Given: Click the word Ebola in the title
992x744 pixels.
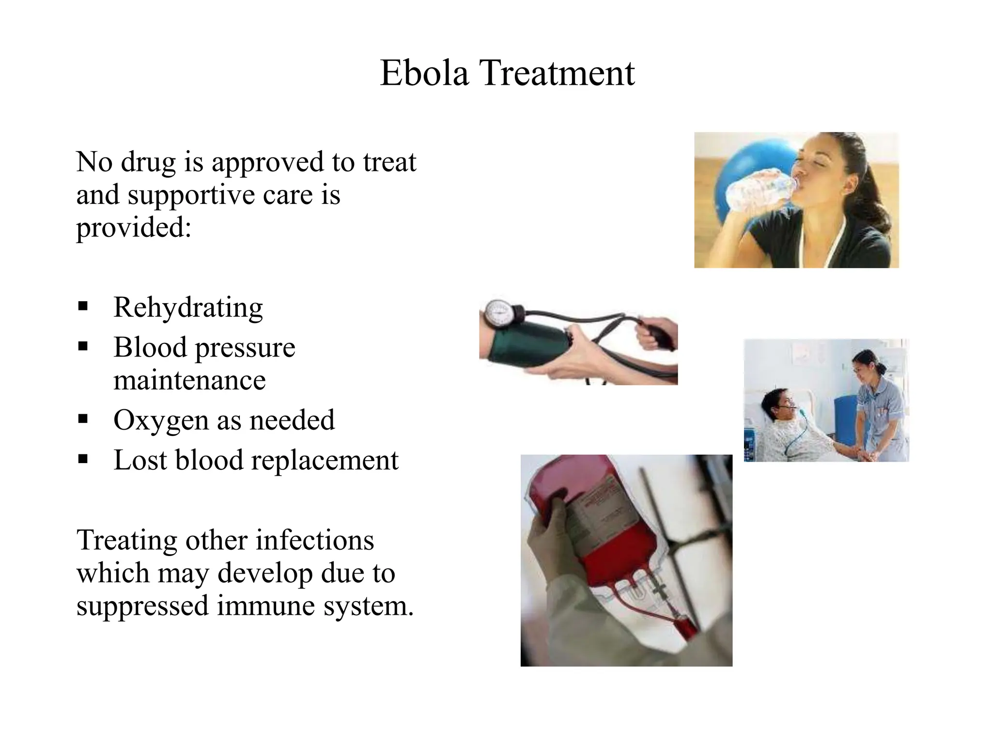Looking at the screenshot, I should click(x=424, y=73).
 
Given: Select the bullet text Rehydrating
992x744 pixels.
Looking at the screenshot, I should click(x=188, y=307).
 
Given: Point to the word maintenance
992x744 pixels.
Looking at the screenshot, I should click(x=189, y=380).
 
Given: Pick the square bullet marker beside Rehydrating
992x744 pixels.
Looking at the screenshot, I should click(x=83, y=307).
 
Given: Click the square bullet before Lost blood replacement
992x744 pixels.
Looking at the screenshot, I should click(x=83, y=459).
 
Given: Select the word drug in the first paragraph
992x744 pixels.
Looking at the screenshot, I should click(x=148, y=162).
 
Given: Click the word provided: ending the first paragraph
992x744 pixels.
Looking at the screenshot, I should click(x=134, y=227).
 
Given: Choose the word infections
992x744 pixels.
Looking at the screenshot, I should click(x=315, y=540).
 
